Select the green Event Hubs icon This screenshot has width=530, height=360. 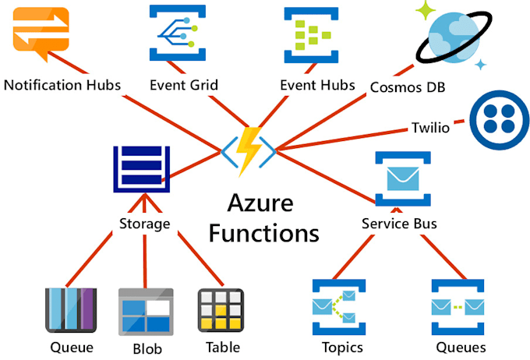coord(315,33)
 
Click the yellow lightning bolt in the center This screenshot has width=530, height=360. coord(249,150)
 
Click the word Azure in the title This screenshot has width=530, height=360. coord(260,204)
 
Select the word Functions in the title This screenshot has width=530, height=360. coord(263,232)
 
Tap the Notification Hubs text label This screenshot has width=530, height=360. coord(62,84)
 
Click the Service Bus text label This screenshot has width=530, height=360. coord(399,224)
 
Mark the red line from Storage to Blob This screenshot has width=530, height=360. coord(145,261)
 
